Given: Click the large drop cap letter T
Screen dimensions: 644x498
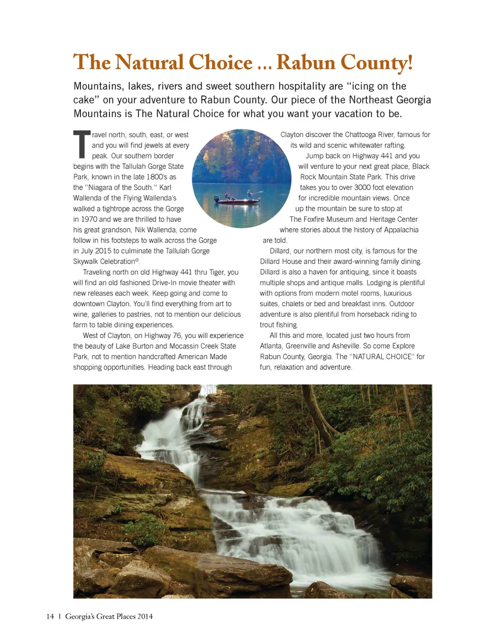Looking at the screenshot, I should [x=81, y=144].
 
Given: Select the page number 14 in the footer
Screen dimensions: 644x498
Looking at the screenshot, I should [x=50, y=617].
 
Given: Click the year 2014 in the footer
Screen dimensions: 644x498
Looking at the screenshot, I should [x=145, y=617].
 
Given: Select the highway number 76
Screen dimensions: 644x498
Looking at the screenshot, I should [x=176, y=336].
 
